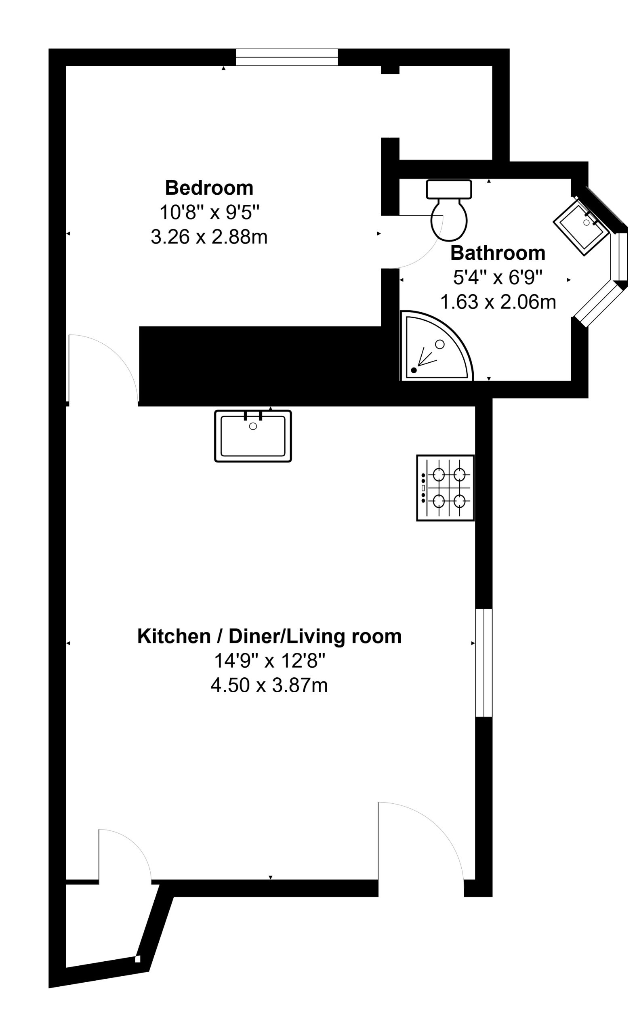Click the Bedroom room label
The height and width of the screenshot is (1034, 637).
pyautogui.click(x=209, y=188)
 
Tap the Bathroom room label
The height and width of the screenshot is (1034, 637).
pyautogui.click(x=498, y=253)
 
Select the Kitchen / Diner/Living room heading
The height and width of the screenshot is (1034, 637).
pyautogui.click(x=269, y=637)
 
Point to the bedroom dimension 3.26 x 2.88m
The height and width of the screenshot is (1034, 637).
pyautogui.click(x=209, y=237)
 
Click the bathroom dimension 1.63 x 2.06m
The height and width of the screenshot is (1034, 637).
pyautogui.click(x=498, y=302)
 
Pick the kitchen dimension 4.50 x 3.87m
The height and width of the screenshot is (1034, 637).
pyautogui.click(x=269, y=685)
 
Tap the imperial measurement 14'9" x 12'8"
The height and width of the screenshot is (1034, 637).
pyautogui.click(x=269, y=661)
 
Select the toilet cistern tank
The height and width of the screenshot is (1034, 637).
pyautogui.click(x=449, y=189)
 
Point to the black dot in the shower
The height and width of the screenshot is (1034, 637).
pyautogui.click(x=414, y=370)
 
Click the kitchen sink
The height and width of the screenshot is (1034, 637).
pyautogui.click(x=253, y=436)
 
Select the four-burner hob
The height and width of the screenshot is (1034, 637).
pyautogui.click(x=445, y=488)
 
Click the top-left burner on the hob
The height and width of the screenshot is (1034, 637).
pyautogui.click(x=439, y=475)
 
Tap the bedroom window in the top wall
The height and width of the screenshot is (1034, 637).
pyautogui.click(x=287, y=57)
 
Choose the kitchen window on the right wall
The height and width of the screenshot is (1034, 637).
pyautogui.click(x=484, y=662)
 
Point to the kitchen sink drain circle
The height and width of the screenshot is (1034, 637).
pyautogui.click(x=253, y=426)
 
